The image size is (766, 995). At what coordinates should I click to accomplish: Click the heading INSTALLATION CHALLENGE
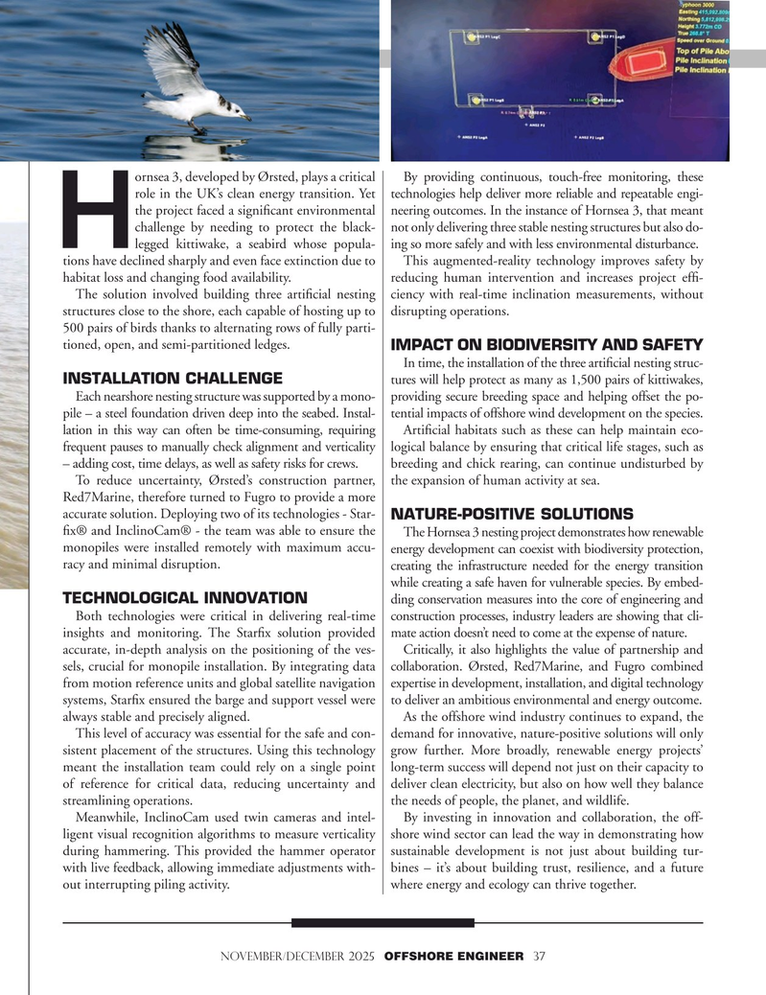tap(173, 378)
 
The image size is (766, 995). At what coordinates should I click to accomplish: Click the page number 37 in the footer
tap(540, 956)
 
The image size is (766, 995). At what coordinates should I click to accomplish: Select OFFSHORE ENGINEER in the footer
tap(454, 956)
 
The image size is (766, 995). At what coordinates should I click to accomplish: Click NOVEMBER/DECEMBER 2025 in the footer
tap(299, 956)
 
